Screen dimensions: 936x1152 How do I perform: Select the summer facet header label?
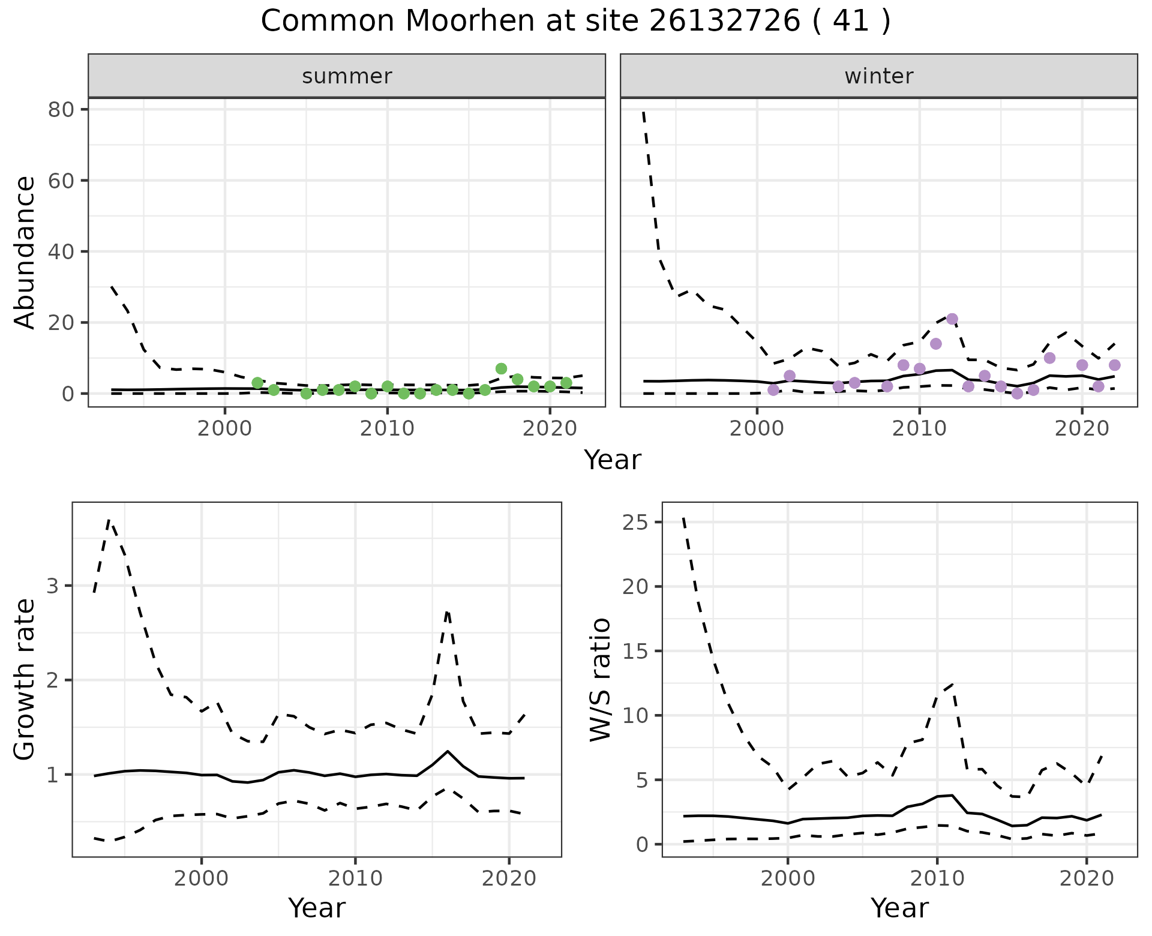coord(347,76)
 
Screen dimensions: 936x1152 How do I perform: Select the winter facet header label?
coord(878,76)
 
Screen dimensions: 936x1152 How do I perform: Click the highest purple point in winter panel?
coord(952,319)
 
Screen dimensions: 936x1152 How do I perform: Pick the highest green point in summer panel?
coord(501,368)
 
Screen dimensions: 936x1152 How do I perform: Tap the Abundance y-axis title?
coord(25,252)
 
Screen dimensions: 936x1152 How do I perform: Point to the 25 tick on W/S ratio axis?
coord(637,523)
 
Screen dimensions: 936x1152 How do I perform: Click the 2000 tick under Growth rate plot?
coord(202,879)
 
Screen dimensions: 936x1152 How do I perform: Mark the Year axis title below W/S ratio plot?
coord(899,908)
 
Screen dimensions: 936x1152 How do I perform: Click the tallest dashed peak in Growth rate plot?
coord(109,520)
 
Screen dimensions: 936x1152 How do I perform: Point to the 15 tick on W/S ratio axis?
coord(637,652)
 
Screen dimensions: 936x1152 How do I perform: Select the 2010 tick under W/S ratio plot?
coord(937,879)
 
